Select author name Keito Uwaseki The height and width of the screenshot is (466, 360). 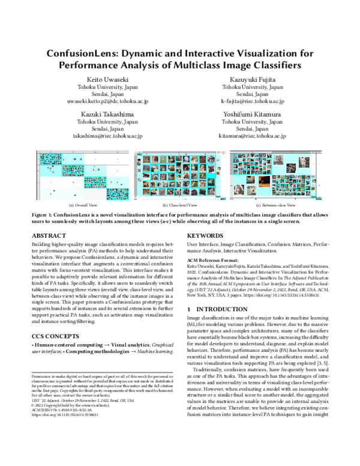(104, 79)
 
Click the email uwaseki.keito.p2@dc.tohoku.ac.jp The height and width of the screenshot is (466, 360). (104, 103)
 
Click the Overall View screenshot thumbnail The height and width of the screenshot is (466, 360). (79, 175)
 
